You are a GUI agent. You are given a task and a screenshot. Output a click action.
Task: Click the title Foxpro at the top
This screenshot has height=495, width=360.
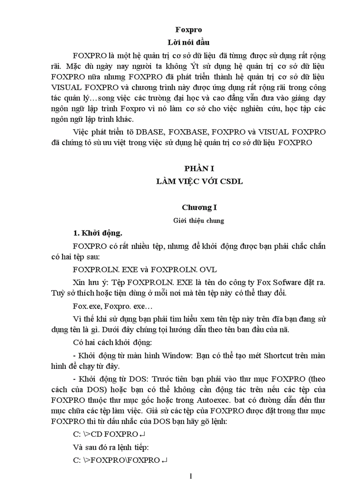[188, 30]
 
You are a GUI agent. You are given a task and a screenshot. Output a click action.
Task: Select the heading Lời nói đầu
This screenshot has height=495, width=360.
[188, 43]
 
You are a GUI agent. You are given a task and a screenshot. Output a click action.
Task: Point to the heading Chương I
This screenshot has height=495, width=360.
[199, 207]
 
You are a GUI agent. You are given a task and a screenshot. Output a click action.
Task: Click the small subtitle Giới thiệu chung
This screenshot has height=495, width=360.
[199, 220]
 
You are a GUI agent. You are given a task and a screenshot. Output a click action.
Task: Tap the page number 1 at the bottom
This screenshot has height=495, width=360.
[191, 476]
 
